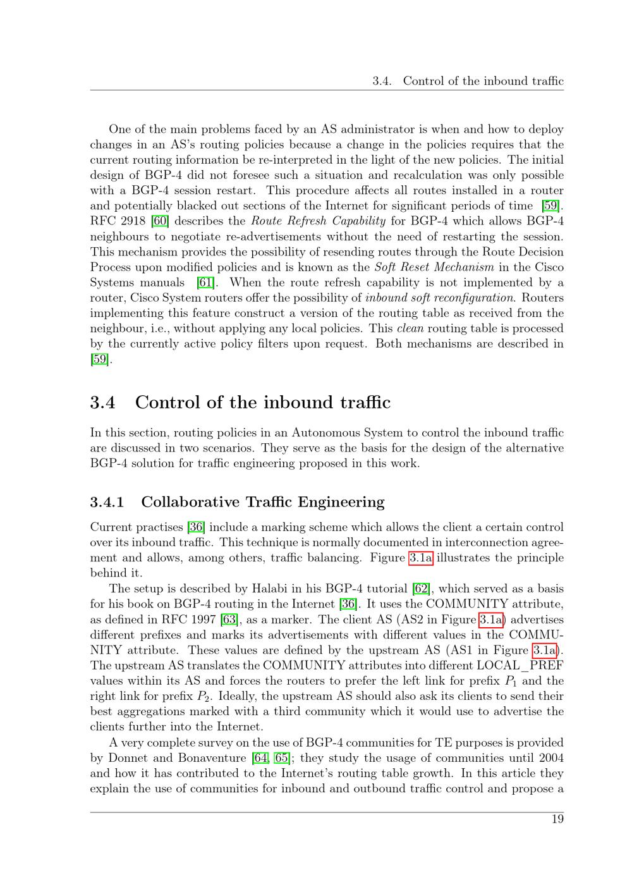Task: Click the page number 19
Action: tap(557, 819)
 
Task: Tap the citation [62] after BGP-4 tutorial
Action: tap(421, 589)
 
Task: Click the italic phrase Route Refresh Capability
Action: tap(318, 221)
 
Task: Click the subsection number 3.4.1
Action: tap(107, 502)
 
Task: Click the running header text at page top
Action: tap(468, 81)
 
